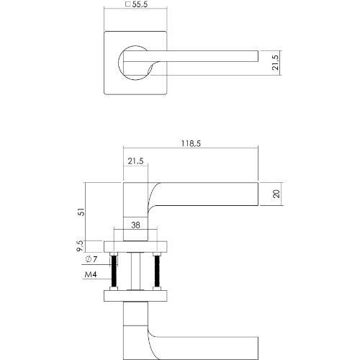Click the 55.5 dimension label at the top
pyautogui.click(x=140, y=5)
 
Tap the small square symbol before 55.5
pyautogui.click(x=128, y=5)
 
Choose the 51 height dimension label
pyautogui.click(x=80, y=213)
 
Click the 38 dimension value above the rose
pyautogui.click(x=137, y=226)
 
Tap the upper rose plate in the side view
pyautogui.click(x=136, y=244)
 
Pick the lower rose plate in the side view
pyautogui.click(x=136, y=295)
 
